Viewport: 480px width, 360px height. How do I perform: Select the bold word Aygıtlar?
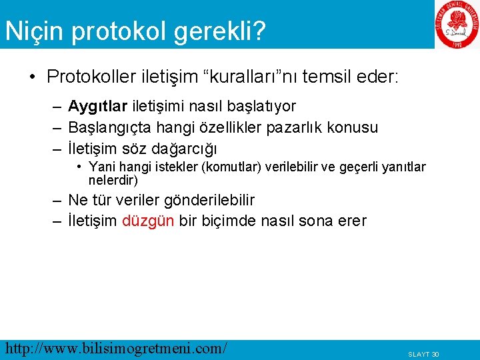98,107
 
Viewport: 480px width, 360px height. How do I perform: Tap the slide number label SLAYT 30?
423,354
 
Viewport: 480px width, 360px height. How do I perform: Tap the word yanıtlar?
401,167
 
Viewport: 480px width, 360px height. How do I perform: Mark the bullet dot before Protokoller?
33,77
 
